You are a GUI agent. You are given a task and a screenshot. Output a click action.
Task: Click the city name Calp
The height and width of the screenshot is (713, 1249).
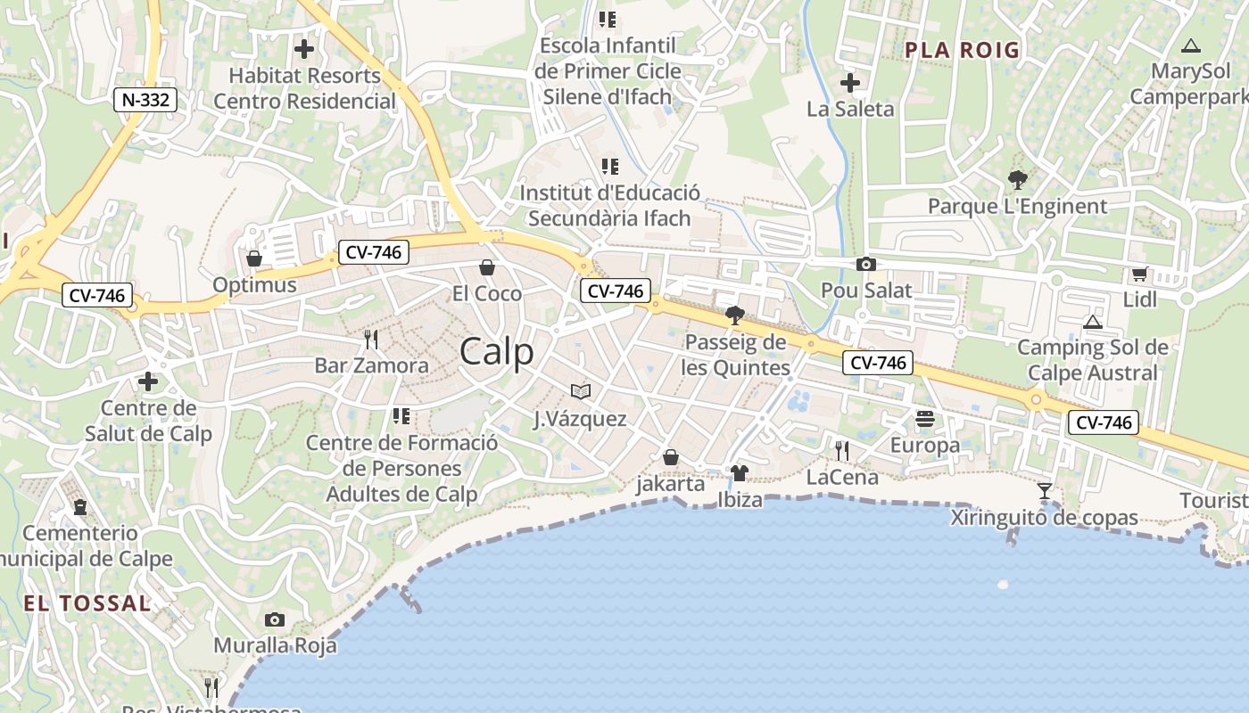tap(497, 352)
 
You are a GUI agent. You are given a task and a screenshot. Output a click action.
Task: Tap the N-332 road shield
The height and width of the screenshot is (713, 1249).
tap(145, 100)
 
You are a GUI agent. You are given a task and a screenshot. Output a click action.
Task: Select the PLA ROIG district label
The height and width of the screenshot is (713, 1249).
tap(962, 50)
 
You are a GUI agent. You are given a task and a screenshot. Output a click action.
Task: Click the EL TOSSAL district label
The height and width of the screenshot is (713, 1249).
tap(87, 603)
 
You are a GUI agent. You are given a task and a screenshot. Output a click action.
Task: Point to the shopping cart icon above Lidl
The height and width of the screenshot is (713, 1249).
tap(1139, 275)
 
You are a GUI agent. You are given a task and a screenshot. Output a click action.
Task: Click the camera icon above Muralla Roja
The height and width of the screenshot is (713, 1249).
tap(275, 619)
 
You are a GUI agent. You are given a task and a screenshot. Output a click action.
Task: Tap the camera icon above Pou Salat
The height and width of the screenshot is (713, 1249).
tap(865, 264)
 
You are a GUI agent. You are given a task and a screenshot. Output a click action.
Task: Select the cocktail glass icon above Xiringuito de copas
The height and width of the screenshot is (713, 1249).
tap(1044, 491)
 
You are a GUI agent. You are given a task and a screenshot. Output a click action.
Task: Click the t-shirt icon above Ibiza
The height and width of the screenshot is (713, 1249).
tap(739, 472)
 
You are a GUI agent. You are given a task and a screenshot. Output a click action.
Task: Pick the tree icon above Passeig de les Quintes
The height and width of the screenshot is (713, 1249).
tap(735, 315)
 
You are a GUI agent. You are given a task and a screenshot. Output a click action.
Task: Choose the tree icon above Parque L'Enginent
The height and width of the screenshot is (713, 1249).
tap(1017, 180)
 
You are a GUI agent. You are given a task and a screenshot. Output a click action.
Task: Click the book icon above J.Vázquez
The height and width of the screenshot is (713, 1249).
tap(581, 391)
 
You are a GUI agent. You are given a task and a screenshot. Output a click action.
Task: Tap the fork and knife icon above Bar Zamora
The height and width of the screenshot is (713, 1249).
tap(371, 339)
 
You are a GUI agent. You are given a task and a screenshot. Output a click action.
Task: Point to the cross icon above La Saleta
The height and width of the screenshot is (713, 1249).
tap(850, 83)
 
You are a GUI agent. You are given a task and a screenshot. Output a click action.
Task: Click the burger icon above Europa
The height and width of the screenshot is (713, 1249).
tap(925, 418)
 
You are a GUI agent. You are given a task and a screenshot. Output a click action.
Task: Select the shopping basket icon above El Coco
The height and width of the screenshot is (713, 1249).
tap(487, 267)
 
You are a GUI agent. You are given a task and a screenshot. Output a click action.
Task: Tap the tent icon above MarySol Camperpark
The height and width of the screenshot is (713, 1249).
tap(1190, 45)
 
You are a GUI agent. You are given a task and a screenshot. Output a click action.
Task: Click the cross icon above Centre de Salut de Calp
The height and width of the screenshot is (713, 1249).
tap(148, 381)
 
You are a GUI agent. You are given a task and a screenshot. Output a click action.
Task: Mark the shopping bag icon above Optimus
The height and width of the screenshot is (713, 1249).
tap(254, 258)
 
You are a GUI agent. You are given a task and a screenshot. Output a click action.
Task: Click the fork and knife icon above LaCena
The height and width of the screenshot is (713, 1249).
tap(842, 450)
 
